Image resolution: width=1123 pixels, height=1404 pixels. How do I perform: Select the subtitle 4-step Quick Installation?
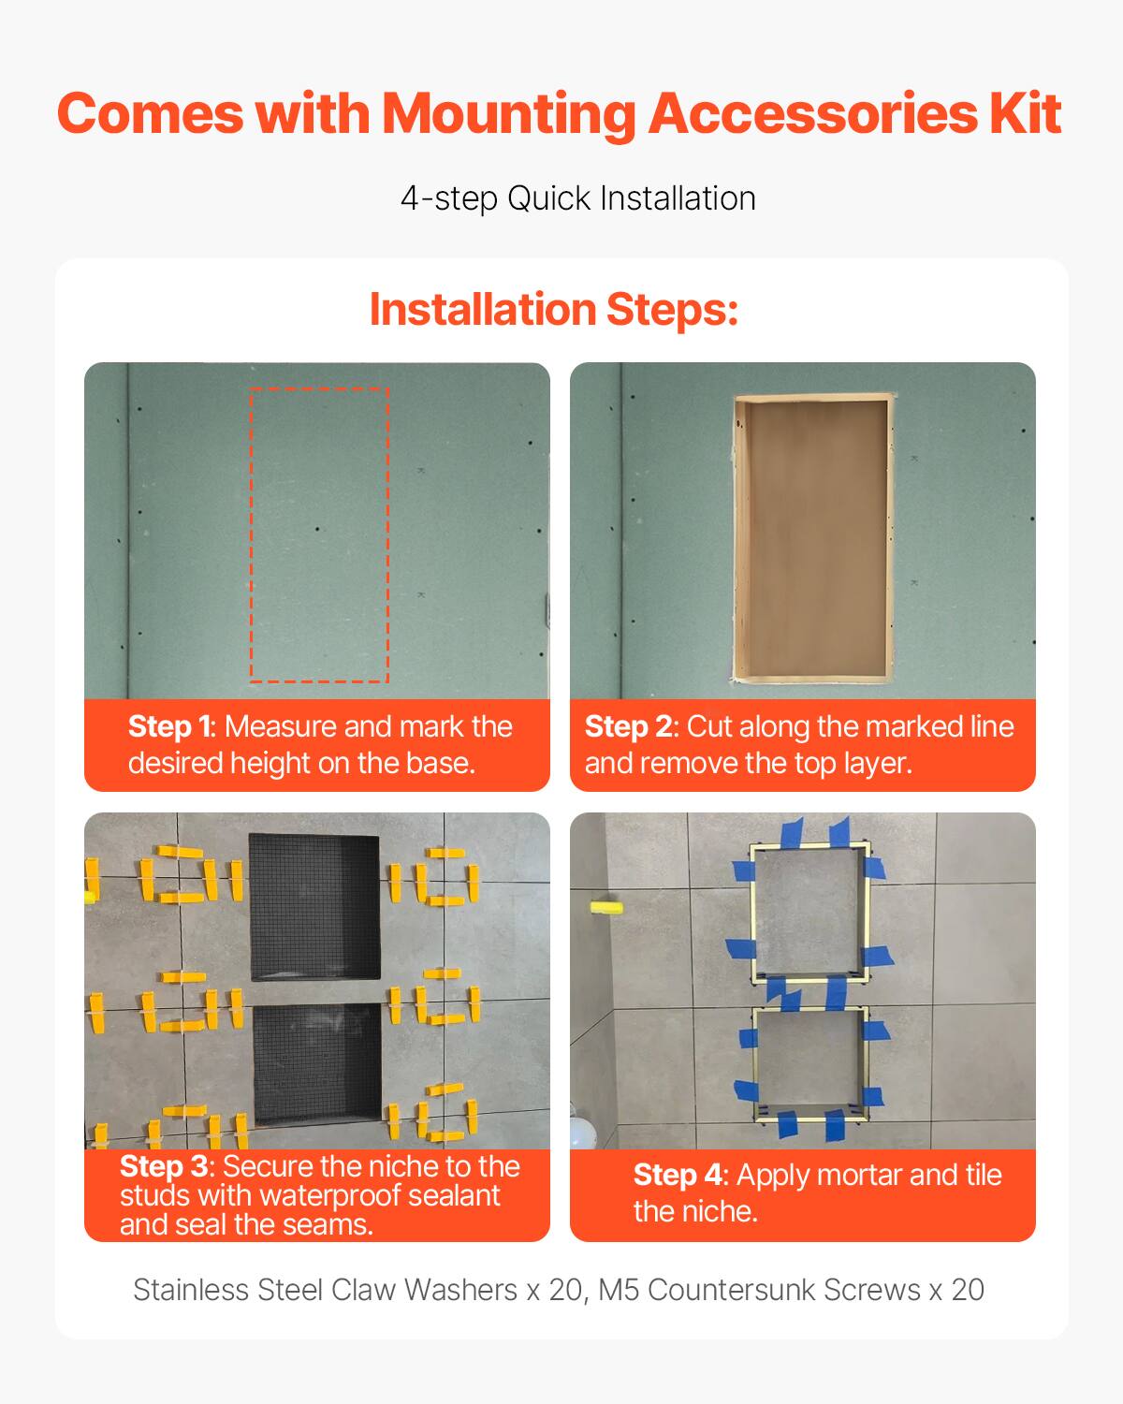[577, 198]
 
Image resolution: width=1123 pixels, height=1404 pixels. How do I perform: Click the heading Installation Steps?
[554, 310]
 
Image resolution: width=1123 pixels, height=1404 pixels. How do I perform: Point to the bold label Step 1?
[169, 727]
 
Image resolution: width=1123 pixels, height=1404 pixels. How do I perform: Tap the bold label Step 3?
[163, 1166]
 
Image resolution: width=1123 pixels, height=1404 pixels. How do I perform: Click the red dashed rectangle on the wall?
[319, 534]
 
